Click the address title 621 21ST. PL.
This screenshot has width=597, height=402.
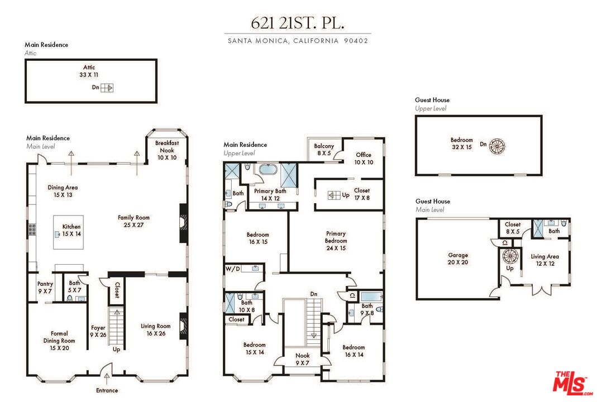[x=298, y=23]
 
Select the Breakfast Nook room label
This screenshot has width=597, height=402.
[x=165, y=146]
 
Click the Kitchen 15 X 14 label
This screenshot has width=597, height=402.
[x=71, y=230]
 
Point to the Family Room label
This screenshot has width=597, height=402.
[x=133, y=221]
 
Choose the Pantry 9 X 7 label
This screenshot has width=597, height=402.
[x=45, y=288]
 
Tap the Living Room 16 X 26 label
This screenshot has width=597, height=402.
[x=155, y=330]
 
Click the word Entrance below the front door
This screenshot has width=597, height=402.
[x=107, y=390]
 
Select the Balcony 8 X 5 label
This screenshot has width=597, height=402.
[x=323, y=150]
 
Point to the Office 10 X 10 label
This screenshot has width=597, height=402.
[x=363, y=159]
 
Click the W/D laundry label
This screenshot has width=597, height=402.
[x=233, y=269]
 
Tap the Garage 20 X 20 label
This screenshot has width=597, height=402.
[x=458, y=259]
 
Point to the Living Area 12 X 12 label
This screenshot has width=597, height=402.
[x=545, y=260]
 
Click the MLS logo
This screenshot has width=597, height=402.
[x=571, y=382]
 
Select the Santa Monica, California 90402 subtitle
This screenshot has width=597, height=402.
[x=298, y=41]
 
